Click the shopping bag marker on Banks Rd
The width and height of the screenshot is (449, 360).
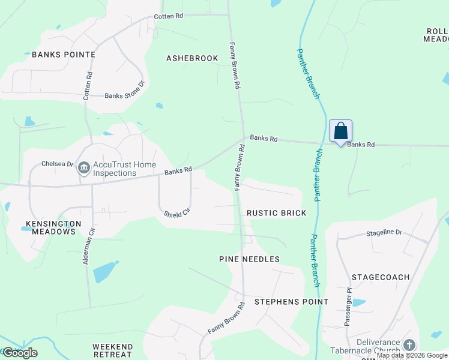[x=340, y=131]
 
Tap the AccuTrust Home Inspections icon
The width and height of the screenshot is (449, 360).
[x=83, y=169]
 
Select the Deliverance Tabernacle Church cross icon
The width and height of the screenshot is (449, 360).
[x=409, y=345]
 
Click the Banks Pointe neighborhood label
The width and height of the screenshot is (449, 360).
[x=64, y=55]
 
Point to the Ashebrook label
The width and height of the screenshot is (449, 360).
[x=192, y=58]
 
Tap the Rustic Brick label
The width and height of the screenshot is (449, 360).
[x=277, y=213]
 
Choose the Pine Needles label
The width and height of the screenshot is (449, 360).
[x=249, y=259]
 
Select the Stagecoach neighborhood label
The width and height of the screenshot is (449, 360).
[x=381, y=277]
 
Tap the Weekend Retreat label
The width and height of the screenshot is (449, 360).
[x=113, y=351]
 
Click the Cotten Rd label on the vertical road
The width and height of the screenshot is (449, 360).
[x=89, y=85]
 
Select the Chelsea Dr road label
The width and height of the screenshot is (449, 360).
[x=57, y=164]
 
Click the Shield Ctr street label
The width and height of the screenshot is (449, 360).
[x=176, y=212]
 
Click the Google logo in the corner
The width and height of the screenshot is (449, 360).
[x=20, y=353]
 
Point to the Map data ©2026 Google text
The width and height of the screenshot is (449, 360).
[x=412, y=355]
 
